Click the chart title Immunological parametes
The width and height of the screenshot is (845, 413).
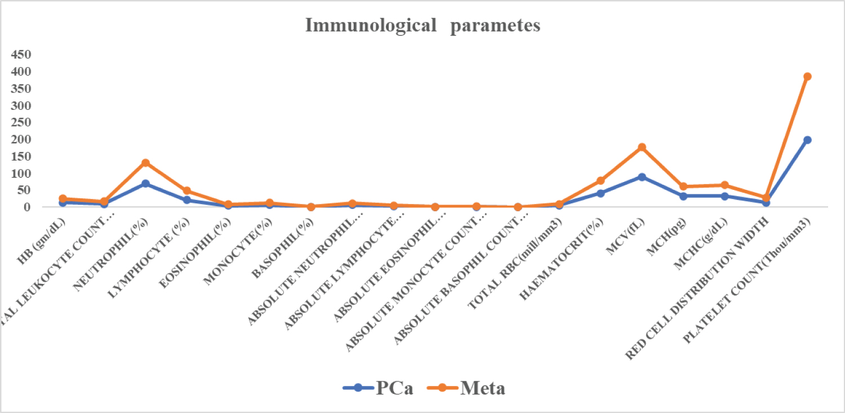point(422,26)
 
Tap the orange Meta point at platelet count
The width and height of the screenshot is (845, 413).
point(807,77)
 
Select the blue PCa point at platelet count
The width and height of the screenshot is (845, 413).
point(807,140)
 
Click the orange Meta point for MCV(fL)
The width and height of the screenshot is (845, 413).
point(642,147)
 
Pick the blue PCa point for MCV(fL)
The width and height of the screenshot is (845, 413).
point(642,177)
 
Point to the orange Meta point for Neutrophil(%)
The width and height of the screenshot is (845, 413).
point(145,163)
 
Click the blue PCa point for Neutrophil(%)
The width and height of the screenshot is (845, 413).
point(145,184)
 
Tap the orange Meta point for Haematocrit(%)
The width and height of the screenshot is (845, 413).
point(601,181)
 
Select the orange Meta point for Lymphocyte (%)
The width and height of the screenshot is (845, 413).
point(186,191)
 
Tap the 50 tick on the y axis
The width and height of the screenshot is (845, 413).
point(23,190)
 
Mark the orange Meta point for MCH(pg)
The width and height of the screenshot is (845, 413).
point(683,186)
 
